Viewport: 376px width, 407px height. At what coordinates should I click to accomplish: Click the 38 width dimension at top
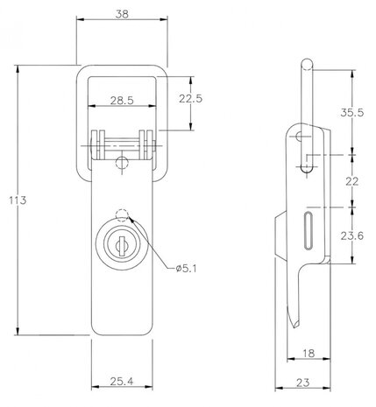click(121, 13)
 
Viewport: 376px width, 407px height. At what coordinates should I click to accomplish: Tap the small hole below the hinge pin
click(121, 159)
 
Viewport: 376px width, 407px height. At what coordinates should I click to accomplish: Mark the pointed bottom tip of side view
click(296, 327)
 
